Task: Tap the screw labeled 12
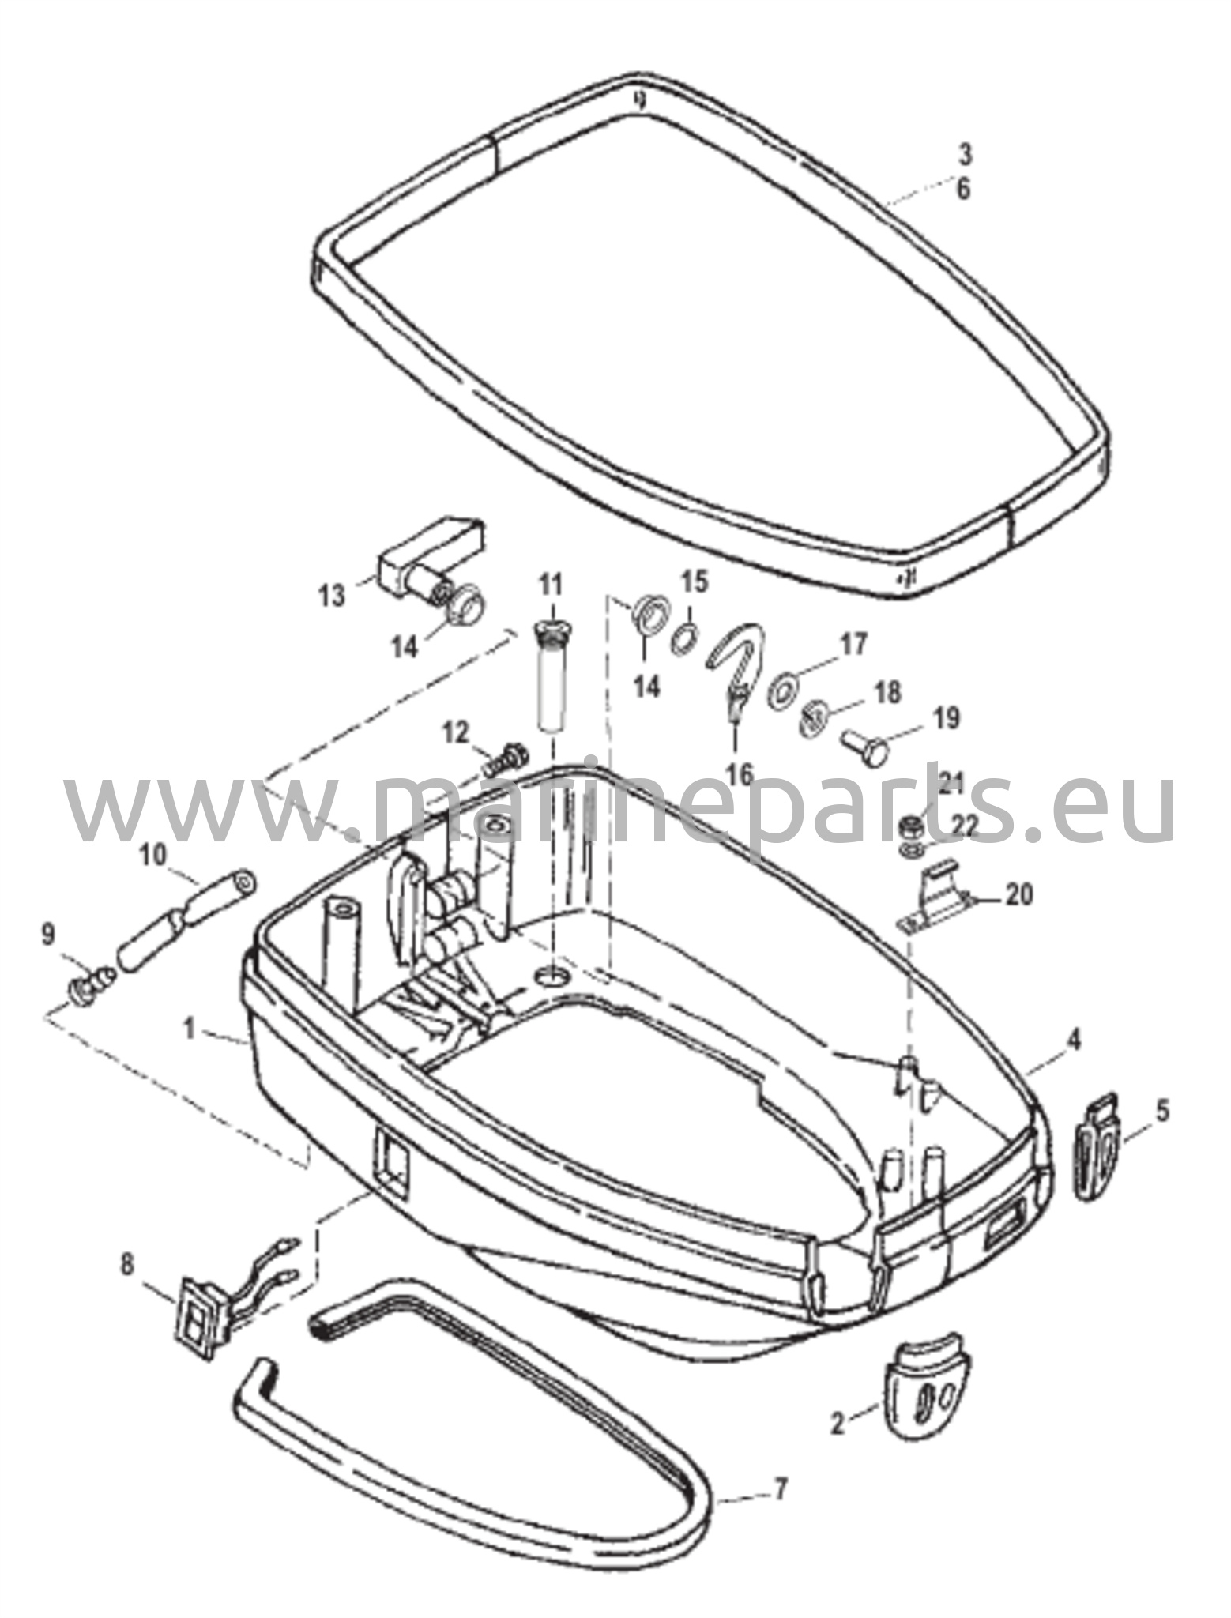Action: (x=505, y=762)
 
